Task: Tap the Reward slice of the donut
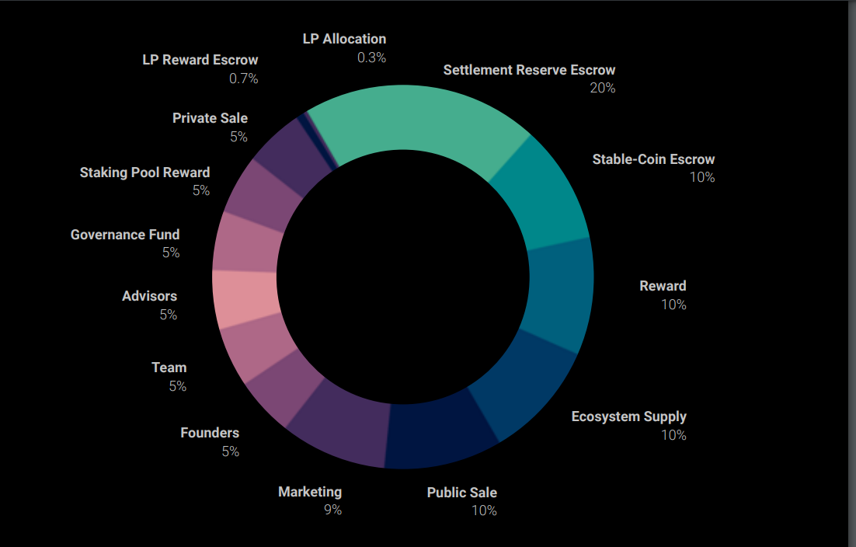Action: (558, 291)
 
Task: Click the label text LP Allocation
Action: (344, 39)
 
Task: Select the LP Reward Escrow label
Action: (200, 60)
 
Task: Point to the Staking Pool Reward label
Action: (144, 172)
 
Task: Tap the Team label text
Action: (169, 368)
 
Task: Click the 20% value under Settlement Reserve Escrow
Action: (603, 89)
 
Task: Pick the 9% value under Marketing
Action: (332, 510)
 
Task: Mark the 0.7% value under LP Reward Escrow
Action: (244, 78)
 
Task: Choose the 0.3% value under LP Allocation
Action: (371, 57)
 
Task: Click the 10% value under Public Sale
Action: (484, 511)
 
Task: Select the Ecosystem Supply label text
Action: (629, 416)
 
